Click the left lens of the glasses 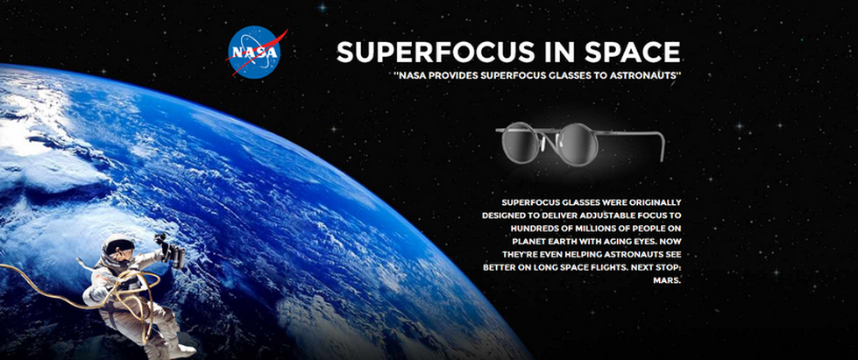click(x=521, y=142)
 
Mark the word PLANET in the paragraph click(x=528, y=242)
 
